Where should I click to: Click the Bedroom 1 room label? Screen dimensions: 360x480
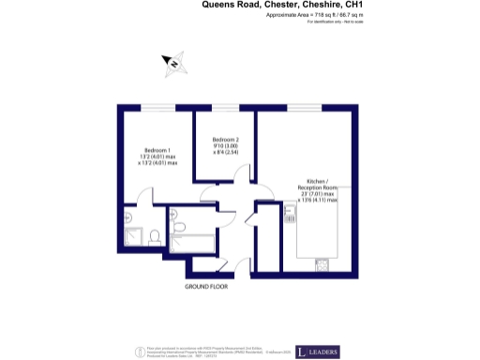157,150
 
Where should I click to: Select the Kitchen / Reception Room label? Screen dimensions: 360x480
320,184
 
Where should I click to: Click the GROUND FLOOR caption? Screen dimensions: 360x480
205,286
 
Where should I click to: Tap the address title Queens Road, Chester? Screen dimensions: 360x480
281,5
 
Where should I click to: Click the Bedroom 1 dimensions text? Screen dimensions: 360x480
157,160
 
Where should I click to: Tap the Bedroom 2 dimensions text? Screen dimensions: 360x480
226,149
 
